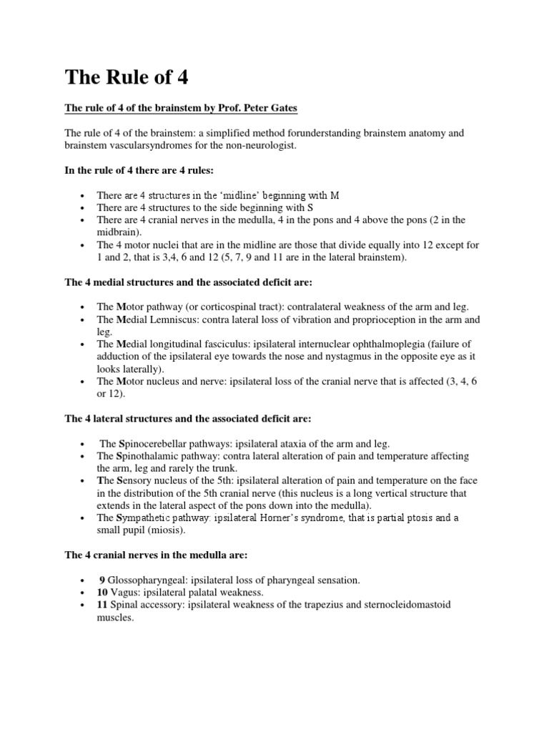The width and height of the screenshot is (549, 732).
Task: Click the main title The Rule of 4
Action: point(127,76)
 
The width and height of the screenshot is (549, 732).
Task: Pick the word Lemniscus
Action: point(172,320)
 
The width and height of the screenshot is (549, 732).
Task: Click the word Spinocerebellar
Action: point(152,444)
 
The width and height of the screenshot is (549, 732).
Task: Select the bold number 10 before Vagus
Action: point(103,593)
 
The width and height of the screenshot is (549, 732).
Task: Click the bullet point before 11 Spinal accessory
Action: point(84,605)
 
